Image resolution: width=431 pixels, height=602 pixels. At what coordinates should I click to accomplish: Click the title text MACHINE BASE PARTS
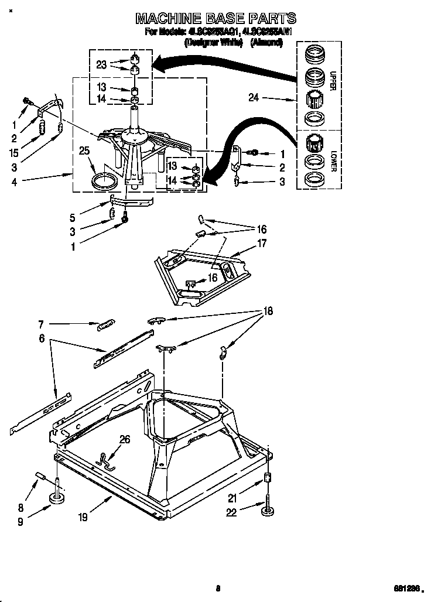click(x=215, y=18)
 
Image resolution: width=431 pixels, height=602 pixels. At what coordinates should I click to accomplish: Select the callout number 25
click(x=84, y=151)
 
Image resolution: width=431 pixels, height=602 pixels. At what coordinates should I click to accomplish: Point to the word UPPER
click(x=332, y=81)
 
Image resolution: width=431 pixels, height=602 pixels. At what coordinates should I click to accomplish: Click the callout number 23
click(x=101, y=65)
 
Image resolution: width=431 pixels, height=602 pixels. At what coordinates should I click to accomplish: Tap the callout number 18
click(x=268, y=312)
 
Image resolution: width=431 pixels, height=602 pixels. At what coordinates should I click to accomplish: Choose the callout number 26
click(x=124, y=440)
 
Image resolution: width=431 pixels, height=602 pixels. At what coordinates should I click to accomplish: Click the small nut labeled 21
click(x=267, y=478)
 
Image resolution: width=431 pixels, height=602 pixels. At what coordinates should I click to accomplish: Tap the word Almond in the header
click(x=267, y=42)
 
